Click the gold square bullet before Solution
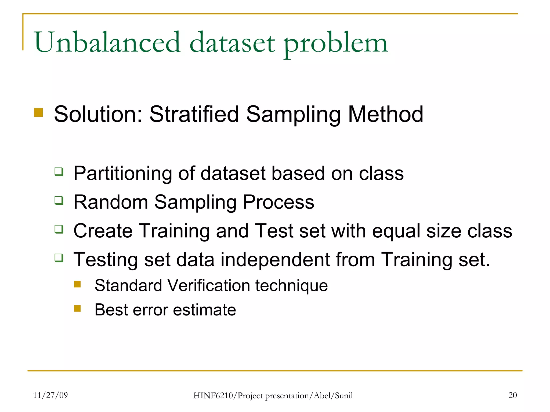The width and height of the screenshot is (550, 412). [38, 113]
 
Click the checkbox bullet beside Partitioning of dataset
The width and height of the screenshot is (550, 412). [59, 172]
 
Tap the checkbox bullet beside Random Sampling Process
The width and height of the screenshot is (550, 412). [59, 200]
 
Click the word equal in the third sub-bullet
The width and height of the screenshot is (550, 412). [396, 231]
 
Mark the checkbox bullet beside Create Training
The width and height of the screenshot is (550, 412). [59, 229]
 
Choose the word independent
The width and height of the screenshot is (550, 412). [275, 260]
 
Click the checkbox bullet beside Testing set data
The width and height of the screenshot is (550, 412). [59, 258]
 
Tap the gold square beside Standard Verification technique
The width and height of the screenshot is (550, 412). [77, 284]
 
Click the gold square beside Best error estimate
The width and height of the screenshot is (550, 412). [77, 308]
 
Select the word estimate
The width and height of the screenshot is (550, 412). [204, 310]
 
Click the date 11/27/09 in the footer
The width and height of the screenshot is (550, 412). [50, 395]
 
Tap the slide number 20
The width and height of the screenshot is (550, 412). [512, 395]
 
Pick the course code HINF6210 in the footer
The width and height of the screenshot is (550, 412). [214, 396]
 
